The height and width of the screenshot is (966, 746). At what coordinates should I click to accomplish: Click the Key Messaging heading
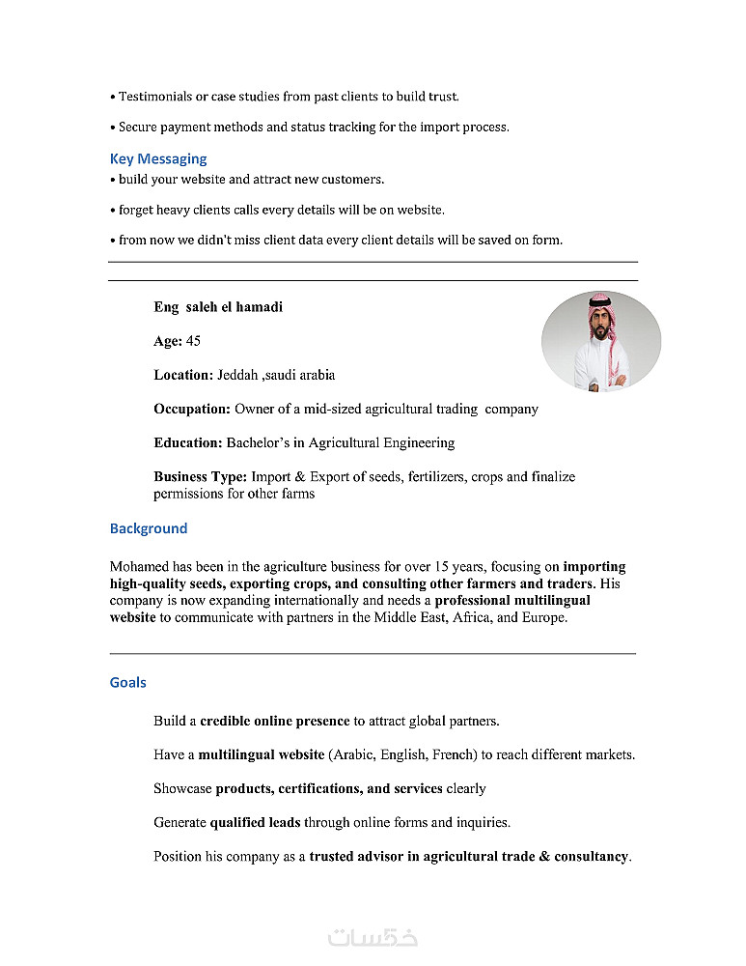158,158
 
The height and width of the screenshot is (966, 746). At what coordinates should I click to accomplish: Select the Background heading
149,528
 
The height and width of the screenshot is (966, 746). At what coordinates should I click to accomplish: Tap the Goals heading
128,682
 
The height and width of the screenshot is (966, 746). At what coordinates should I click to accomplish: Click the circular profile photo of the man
600,340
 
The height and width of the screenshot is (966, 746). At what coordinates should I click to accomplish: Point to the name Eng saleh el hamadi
218,307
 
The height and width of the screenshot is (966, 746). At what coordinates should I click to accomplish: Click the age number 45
193,341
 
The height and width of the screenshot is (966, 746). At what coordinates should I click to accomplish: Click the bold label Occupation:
192,409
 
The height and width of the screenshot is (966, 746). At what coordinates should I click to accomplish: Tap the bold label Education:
188,442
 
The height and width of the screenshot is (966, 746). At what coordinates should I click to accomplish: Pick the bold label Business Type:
201,476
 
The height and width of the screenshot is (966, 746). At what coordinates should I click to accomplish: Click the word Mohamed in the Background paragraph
139,567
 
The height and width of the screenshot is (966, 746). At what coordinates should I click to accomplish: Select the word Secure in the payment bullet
137,127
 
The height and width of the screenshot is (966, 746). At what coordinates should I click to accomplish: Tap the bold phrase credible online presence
274,721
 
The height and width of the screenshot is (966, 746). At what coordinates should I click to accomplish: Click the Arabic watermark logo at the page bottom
373,937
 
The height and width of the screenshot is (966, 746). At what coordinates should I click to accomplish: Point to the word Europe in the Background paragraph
543,617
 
